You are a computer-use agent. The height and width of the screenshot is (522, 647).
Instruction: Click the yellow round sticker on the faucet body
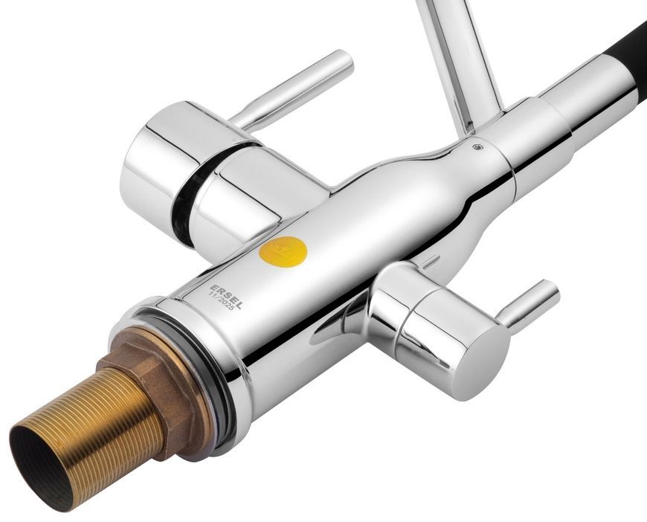click(283, 252)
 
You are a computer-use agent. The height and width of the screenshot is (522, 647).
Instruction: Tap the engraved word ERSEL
click(227, 297)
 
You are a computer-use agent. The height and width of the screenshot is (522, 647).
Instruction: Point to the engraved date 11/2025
click(222, 301)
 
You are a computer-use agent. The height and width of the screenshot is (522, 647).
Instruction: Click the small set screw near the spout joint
click(477, 146)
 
